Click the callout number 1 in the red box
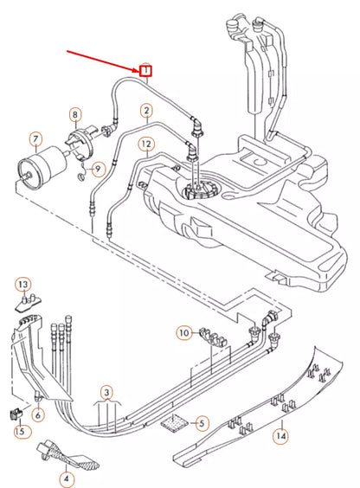point(147,69)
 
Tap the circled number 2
point(147,110)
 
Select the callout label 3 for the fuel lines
point(106,392)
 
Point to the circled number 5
point(202,423)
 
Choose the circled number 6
point(38,414)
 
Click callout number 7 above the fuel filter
point(35,138)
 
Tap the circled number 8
point(75,114)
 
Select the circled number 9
point(98,168)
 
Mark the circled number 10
point(183,332)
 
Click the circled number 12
point(147,144)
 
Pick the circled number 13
point(23,285)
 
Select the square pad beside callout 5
point(175,423)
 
